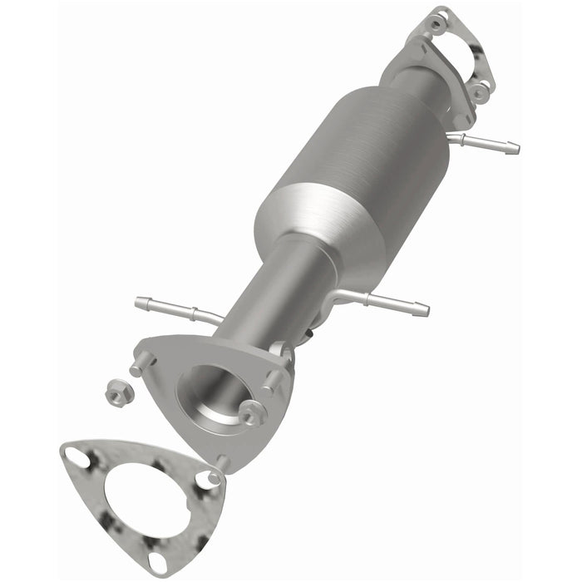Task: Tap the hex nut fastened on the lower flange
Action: (251, 410)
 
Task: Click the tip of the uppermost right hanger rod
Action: (511, 148)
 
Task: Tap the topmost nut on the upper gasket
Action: (439, 16)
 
